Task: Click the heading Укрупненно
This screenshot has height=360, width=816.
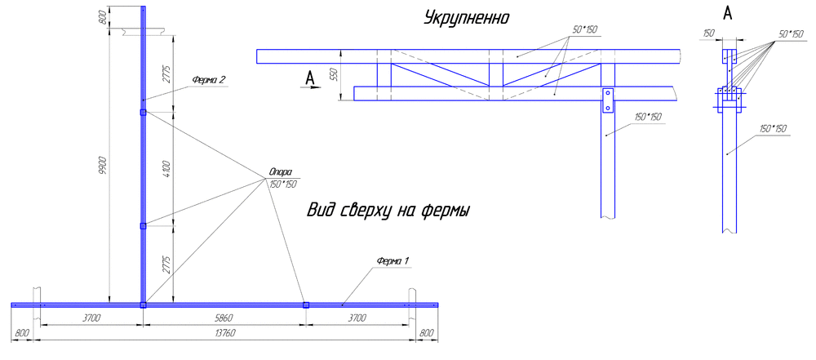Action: (468, 17)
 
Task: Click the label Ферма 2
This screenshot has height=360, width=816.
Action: (209, 79)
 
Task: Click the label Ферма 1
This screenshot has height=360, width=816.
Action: (392, 260)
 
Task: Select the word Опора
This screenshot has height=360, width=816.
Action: (280, 173)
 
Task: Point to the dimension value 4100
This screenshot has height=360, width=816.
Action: (166, 169)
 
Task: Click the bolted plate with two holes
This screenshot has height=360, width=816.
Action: (607, 101)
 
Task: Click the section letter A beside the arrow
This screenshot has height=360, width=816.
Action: (309, 78)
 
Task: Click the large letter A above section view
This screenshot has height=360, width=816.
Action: (728, 14)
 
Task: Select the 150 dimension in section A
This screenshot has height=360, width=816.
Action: (708, 33)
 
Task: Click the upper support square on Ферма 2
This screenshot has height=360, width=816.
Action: (143, 113)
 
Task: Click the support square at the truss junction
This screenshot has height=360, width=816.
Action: (143, 304)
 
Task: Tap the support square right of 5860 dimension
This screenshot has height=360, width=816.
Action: (306, 304)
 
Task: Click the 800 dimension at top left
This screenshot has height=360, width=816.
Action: (102, 17)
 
